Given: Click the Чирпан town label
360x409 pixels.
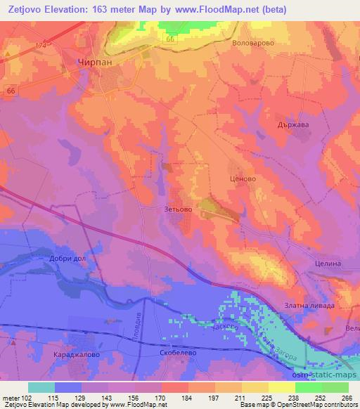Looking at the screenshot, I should pyautogui.click(x=91, y=62).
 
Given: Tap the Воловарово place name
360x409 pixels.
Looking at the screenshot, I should pyautogui.click(x=252, y=43).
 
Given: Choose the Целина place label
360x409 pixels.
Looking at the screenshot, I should pyautogui.click(x=327, y=263).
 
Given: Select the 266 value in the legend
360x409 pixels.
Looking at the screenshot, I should pyautogui.click(x=346, y=398).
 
